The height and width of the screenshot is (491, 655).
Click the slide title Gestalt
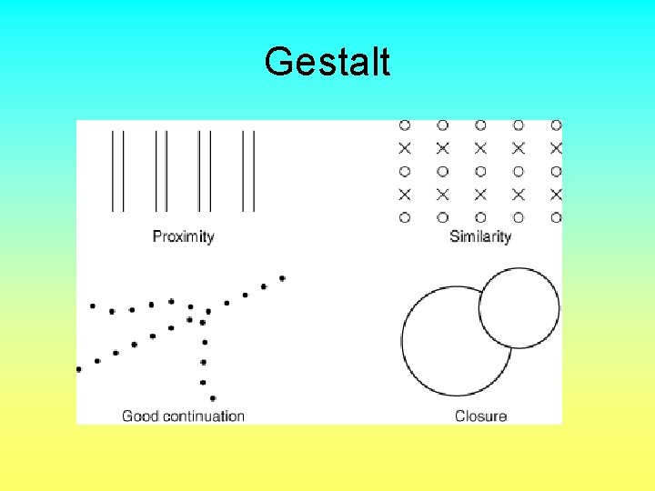pos(327,63)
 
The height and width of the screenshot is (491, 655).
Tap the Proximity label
pos(183,237)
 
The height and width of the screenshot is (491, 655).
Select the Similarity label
pos(480,237)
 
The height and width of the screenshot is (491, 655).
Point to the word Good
pos(140,416)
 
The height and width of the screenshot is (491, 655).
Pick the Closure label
pos(480,416)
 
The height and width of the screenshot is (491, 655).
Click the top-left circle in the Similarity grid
pos(405,125)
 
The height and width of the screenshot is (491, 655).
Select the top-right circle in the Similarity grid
pos(556,125)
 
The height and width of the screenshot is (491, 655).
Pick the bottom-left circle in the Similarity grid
pos(405,217)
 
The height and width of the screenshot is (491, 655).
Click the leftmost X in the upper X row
pos(405,147)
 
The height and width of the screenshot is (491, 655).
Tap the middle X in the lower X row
pos(480,194)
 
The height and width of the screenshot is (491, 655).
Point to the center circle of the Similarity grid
pos(480,171)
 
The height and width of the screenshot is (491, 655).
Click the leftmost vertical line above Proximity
pos(112,170)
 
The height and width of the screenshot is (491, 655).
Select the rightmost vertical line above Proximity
pos(255,170)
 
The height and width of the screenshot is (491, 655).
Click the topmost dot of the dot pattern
pos(282,278)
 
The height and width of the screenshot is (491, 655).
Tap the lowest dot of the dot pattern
pos(212,398)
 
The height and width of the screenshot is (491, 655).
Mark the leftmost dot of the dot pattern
pos(79,369)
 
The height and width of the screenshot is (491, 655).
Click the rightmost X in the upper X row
pos(556,147)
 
